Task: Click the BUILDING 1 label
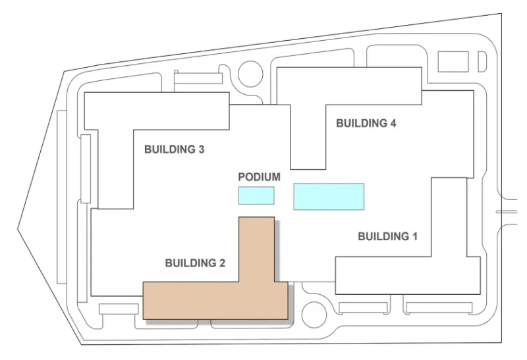pos(387,236)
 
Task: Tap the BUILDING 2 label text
pos(195,263)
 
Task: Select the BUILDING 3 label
pos(174,149)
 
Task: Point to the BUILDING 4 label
pos(366,123)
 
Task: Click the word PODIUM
pos(259,177)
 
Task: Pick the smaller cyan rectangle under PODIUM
pos(256,195)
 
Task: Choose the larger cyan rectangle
pos(328,197)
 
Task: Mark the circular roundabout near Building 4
pos(251,74)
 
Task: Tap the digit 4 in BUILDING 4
pos(393,123)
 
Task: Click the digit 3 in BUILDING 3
pos(201,149)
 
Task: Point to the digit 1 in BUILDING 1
pos(414,236)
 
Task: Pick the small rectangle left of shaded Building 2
pos(117,309)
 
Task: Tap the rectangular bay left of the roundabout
pos(198,78)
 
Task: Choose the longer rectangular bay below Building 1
pos(438,307)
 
